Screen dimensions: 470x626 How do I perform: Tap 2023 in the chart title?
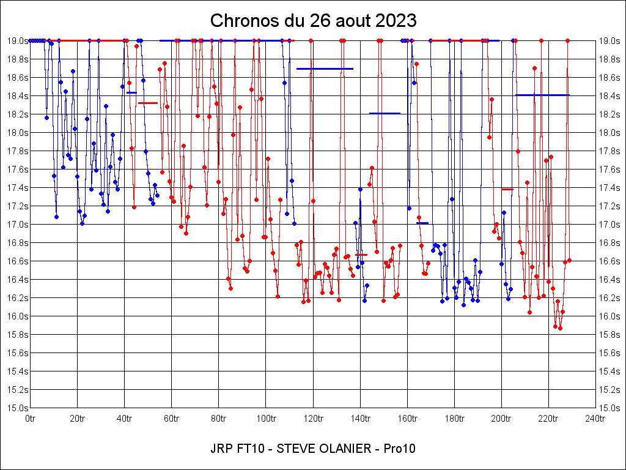tap(396, 21)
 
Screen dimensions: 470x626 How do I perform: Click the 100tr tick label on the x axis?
tap(265, 419)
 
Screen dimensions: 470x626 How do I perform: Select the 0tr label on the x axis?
tap(30, 419)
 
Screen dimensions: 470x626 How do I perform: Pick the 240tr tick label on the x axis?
tap(595, 419)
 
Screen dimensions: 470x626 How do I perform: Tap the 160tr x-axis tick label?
tap(407, 419)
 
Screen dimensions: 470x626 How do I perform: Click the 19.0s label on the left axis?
tap(17, 41)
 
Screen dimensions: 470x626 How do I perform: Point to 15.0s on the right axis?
tap(609, 408)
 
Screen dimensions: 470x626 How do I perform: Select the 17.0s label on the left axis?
tap(17, 225)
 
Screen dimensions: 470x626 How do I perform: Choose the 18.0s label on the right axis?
tap(609, 133)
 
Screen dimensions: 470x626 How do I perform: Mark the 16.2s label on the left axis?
tap(17, 298)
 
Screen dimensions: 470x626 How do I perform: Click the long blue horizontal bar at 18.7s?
tap(325, 69)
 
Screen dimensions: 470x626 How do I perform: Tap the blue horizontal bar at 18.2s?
tap(385, 113)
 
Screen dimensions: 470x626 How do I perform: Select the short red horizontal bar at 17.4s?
tap(507, 190)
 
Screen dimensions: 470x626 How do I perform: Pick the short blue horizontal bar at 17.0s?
tap(422, 223)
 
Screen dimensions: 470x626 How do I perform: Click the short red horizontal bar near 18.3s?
tap(148, 103)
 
